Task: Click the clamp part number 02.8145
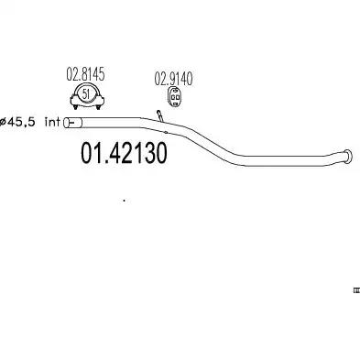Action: click(85, 75)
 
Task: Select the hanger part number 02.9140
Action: click(173, 79)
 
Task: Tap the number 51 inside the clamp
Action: click(86, 93)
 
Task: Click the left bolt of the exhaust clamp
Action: click(75, 106)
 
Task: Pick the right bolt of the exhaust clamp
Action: click(98, 106)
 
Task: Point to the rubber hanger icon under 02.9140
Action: click(174, 97)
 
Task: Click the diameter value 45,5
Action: click(21, 122)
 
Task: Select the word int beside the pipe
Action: click(52, 122)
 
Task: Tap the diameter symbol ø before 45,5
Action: click(3, 123)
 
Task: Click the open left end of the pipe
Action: click(66, 123)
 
